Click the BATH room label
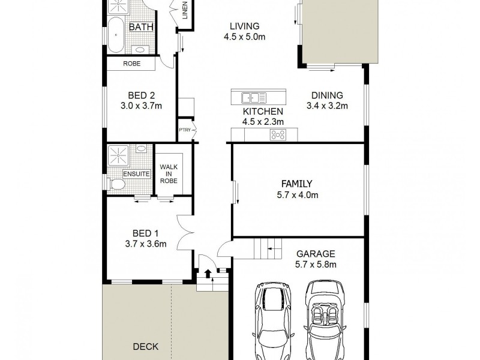click(141, 27)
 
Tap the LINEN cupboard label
click(185, 10)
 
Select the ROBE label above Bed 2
click(131, 64)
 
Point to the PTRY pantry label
click(185, 130)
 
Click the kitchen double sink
click(254, 98)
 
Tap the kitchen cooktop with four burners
click(278, 134)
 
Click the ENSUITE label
click(137, 174)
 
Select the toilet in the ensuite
click(116, 184)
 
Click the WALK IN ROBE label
click(169, 174)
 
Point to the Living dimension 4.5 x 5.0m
click(244, 37)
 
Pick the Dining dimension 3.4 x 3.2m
click(327, 106)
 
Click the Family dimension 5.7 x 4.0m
click(297, 194)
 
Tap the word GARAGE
click(316, 254)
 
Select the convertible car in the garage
click(324, 320)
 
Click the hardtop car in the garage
click(274, 321)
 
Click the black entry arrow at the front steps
click(208, 274)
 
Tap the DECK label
click(146, 347)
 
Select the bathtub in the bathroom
click(116, 35)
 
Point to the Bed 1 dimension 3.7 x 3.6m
click(146, 244)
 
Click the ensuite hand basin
click(141, 148)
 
